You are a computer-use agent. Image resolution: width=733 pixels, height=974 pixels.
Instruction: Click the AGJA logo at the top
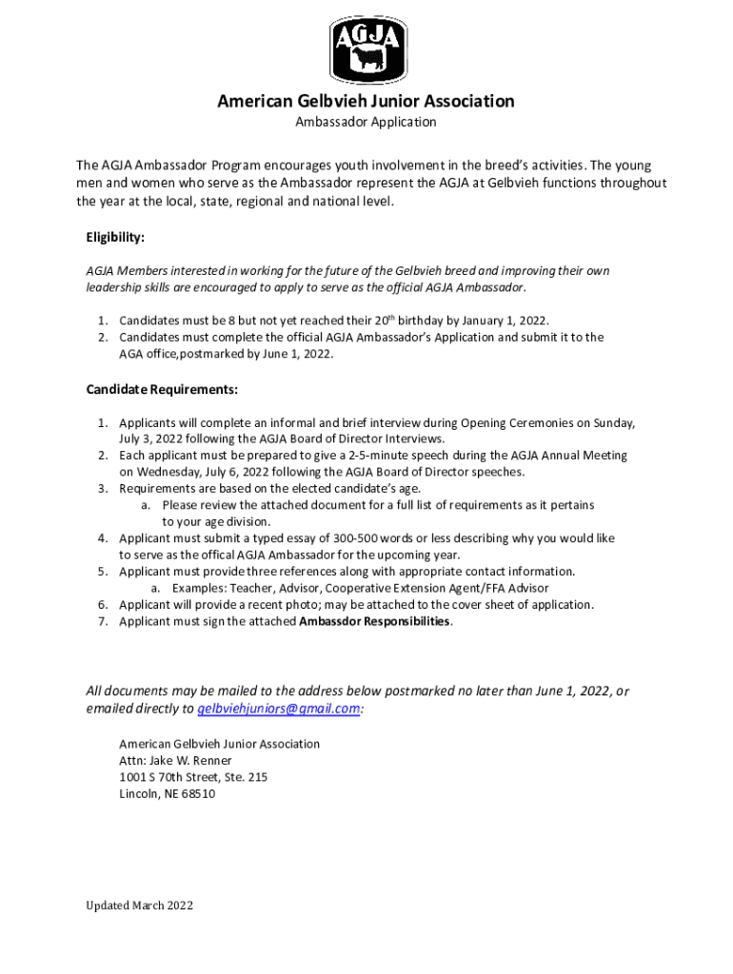[366, 50]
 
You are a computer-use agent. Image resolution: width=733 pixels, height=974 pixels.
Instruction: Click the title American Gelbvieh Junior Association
[366, 101]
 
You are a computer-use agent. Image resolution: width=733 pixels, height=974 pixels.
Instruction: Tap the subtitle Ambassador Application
[366, 122]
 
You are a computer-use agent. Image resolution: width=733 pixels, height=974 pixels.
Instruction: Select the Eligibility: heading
[115, 237]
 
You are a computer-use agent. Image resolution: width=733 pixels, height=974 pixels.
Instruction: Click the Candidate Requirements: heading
[162, 390]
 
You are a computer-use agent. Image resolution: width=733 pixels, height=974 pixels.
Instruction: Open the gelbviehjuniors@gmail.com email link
[279, 709]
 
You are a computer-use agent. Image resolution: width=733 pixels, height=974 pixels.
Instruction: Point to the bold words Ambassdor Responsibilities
[375, 621]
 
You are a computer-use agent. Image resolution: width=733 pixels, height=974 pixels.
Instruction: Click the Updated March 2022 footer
[137, 906]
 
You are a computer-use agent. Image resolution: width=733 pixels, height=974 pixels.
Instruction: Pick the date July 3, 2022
[158, 438]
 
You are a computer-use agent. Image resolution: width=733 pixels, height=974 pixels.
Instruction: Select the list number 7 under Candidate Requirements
[102, 621]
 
